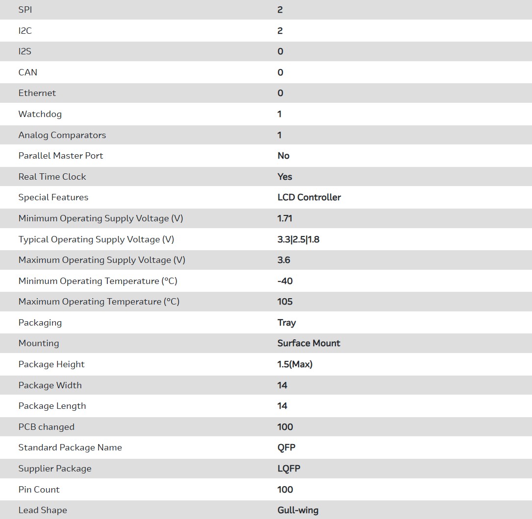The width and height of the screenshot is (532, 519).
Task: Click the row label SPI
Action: (25, 10)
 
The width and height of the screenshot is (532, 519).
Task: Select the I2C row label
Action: (25, 31)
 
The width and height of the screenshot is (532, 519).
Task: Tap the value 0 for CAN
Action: (280, 72)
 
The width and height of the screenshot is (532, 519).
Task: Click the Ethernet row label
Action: (37, 93)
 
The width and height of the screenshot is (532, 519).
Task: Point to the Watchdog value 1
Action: (279, 114)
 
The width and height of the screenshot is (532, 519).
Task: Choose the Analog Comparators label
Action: (62, 135)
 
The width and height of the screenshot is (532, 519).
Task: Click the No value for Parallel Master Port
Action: (283, 156)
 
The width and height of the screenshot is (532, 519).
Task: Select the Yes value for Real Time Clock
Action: (285, 177)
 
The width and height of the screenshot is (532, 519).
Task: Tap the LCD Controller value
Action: (309, 197)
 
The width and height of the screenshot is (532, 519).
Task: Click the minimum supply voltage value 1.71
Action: (285, 218)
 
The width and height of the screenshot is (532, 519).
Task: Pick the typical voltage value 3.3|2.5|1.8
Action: (298, 239)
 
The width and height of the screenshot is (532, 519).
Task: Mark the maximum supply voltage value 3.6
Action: (284, 260)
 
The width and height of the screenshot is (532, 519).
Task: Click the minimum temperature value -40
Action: (285, 281)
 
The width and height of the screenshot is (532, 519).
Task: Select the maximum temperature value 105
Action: (285, 302)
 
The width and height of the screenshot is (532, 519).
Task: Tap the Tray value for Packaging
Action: (286, 323)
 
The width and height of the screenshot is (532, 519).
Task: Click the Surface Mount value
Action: (309, 343)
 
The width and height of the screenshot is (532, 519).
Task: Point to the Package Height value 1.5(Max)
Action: (295, 364)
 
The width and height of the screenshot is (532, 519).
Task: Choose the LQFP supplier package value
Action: (289, 469)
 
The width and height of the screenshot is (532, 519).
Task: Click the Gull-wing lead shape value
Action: (298, 510)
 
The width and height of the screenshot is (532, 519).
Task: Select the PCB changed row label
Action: (47, 427)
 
